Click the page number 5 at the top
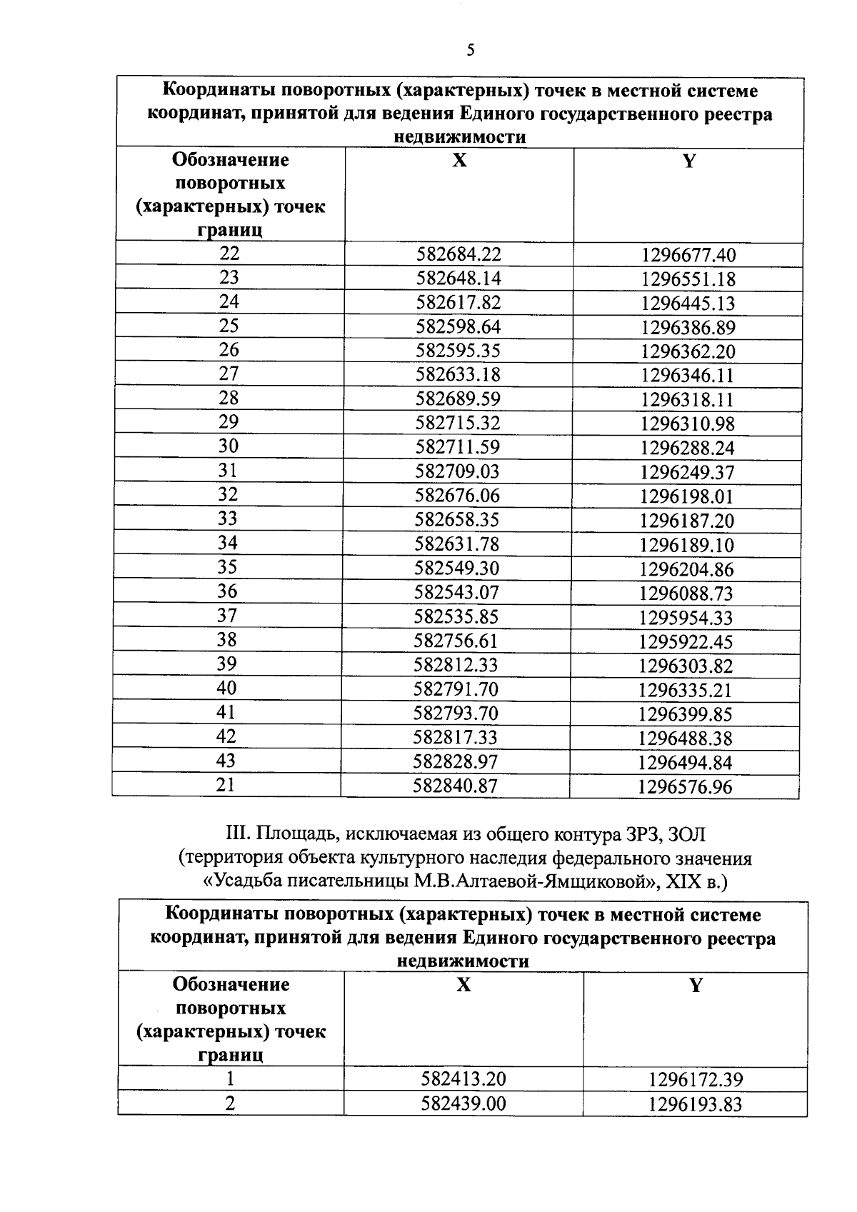(470, 50)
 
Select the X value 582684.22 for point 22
(458, 254)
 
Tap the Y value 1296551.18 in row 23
(688, 279)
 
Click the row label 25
(229, 326)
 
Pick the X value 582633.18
(458, 375)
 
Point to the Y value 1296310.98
(687, 424)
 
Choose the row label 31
(229, 471)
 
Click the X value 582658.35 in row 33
(458, 520)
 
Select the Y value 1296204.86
(686, 569)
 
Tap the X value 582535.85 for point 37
(457, 617)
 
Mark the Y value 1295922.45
(686, 641)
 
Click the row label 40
(227, 688)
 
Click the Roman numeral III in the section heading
(235, 833)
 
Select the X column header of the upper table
(459, 161)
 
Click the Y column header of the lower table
(695, 986)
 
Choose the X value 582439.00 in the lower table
(463, 1103)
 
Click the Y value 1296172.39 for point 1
(696, 1079)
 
